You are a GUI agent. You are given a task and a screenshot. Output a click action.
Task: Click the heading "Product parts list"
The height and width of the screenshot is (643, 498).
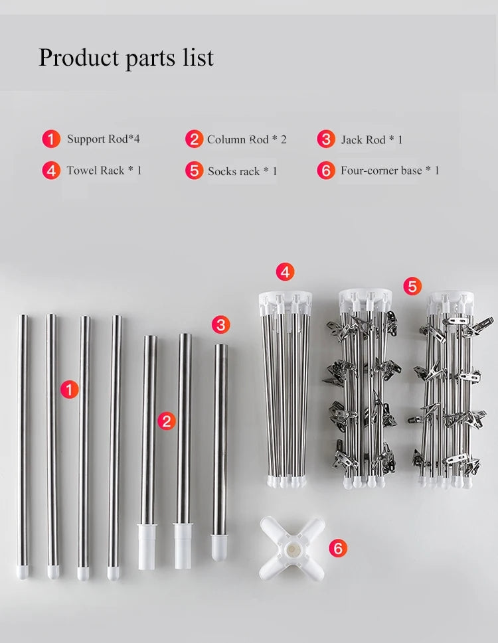126,58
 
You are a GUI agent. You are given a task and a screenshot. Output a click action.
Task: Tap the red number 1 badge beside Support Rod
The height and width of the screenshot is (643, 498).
51,139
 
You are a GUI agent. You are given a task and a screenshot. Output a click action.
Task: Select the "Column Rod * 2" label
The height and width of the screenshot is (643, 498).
246,139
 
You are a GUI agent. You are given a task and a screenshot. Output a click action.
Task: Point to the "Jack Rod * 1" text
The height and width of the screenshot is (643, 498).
372,140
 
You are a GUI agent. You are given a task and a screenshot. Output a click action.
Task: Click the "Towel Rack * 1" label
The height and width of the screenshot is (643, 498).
104,170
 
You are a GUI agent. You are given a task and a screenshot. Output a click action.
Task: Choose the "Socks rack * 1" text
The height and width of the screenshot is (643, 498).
242,171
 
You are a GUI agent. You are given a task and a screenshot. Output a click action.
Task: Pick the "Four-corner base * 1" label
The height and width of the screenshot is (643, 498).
390,170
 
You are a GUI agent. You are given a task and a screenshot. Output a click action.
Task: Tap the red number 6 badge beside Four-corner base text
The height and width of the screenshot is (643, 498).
326,170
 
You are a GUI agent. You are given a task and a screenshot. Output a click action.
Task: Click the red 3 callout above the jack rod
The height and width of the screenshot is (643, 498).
220,325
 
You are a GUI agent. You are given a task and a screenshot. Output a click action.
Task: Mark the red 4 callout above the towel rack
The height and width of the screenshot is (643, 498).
285,272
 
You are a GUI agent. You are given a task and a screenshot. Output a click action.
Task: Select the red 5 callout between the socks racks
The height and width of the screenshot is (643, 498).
412,286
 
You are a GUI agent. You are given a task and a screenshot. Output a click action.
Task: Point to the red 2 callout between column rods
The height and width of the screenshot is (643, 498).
167,421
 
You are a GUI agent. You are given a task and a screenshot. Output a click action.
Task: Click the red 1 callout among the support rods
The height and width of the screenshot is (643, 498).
70,389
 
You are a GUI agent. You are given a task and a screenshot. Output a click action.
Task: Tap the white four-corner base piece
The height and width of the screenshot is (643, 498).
292,549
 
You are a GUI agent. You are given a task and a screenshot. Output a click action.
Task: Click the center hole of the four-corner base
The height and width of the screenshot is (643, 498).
292,549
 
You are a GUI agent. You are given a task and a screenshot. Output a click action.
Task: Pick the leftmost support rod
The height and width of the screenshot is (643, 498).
23,447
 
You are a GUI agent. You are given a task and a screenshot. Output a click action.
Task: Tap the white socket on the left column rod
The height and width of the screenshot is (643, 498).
147,546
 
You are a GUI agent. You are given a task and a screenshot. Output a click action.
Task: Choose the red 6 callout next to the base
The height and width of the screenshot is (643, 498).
338,548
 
